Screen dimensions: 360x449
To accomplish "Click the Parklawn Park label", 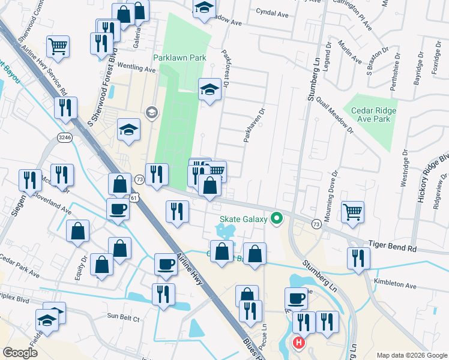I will coord(179,58).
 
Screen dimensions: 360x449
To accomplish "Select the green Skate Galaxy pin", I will coord(276,218).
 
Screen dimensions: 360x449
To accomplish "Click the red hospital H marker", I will coord(298,343).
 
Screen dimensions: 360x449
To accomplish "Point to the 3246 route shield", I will coord(65,137).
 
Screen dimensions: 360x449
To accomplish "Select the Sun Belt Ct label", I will coord(123,316).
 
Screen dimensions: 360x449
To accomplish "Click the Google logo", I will coord(20,353).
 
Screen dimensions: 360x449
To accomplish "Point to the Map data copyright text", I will coord(411,355).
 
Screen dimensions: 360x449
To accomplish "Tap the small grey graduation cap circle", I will coord(151,112).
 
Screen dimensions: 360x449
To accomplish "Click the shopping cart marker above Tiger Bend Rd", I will coord(352,212).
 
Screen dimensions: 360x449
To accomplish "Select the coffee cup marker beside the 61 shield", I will coord(118,209).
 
